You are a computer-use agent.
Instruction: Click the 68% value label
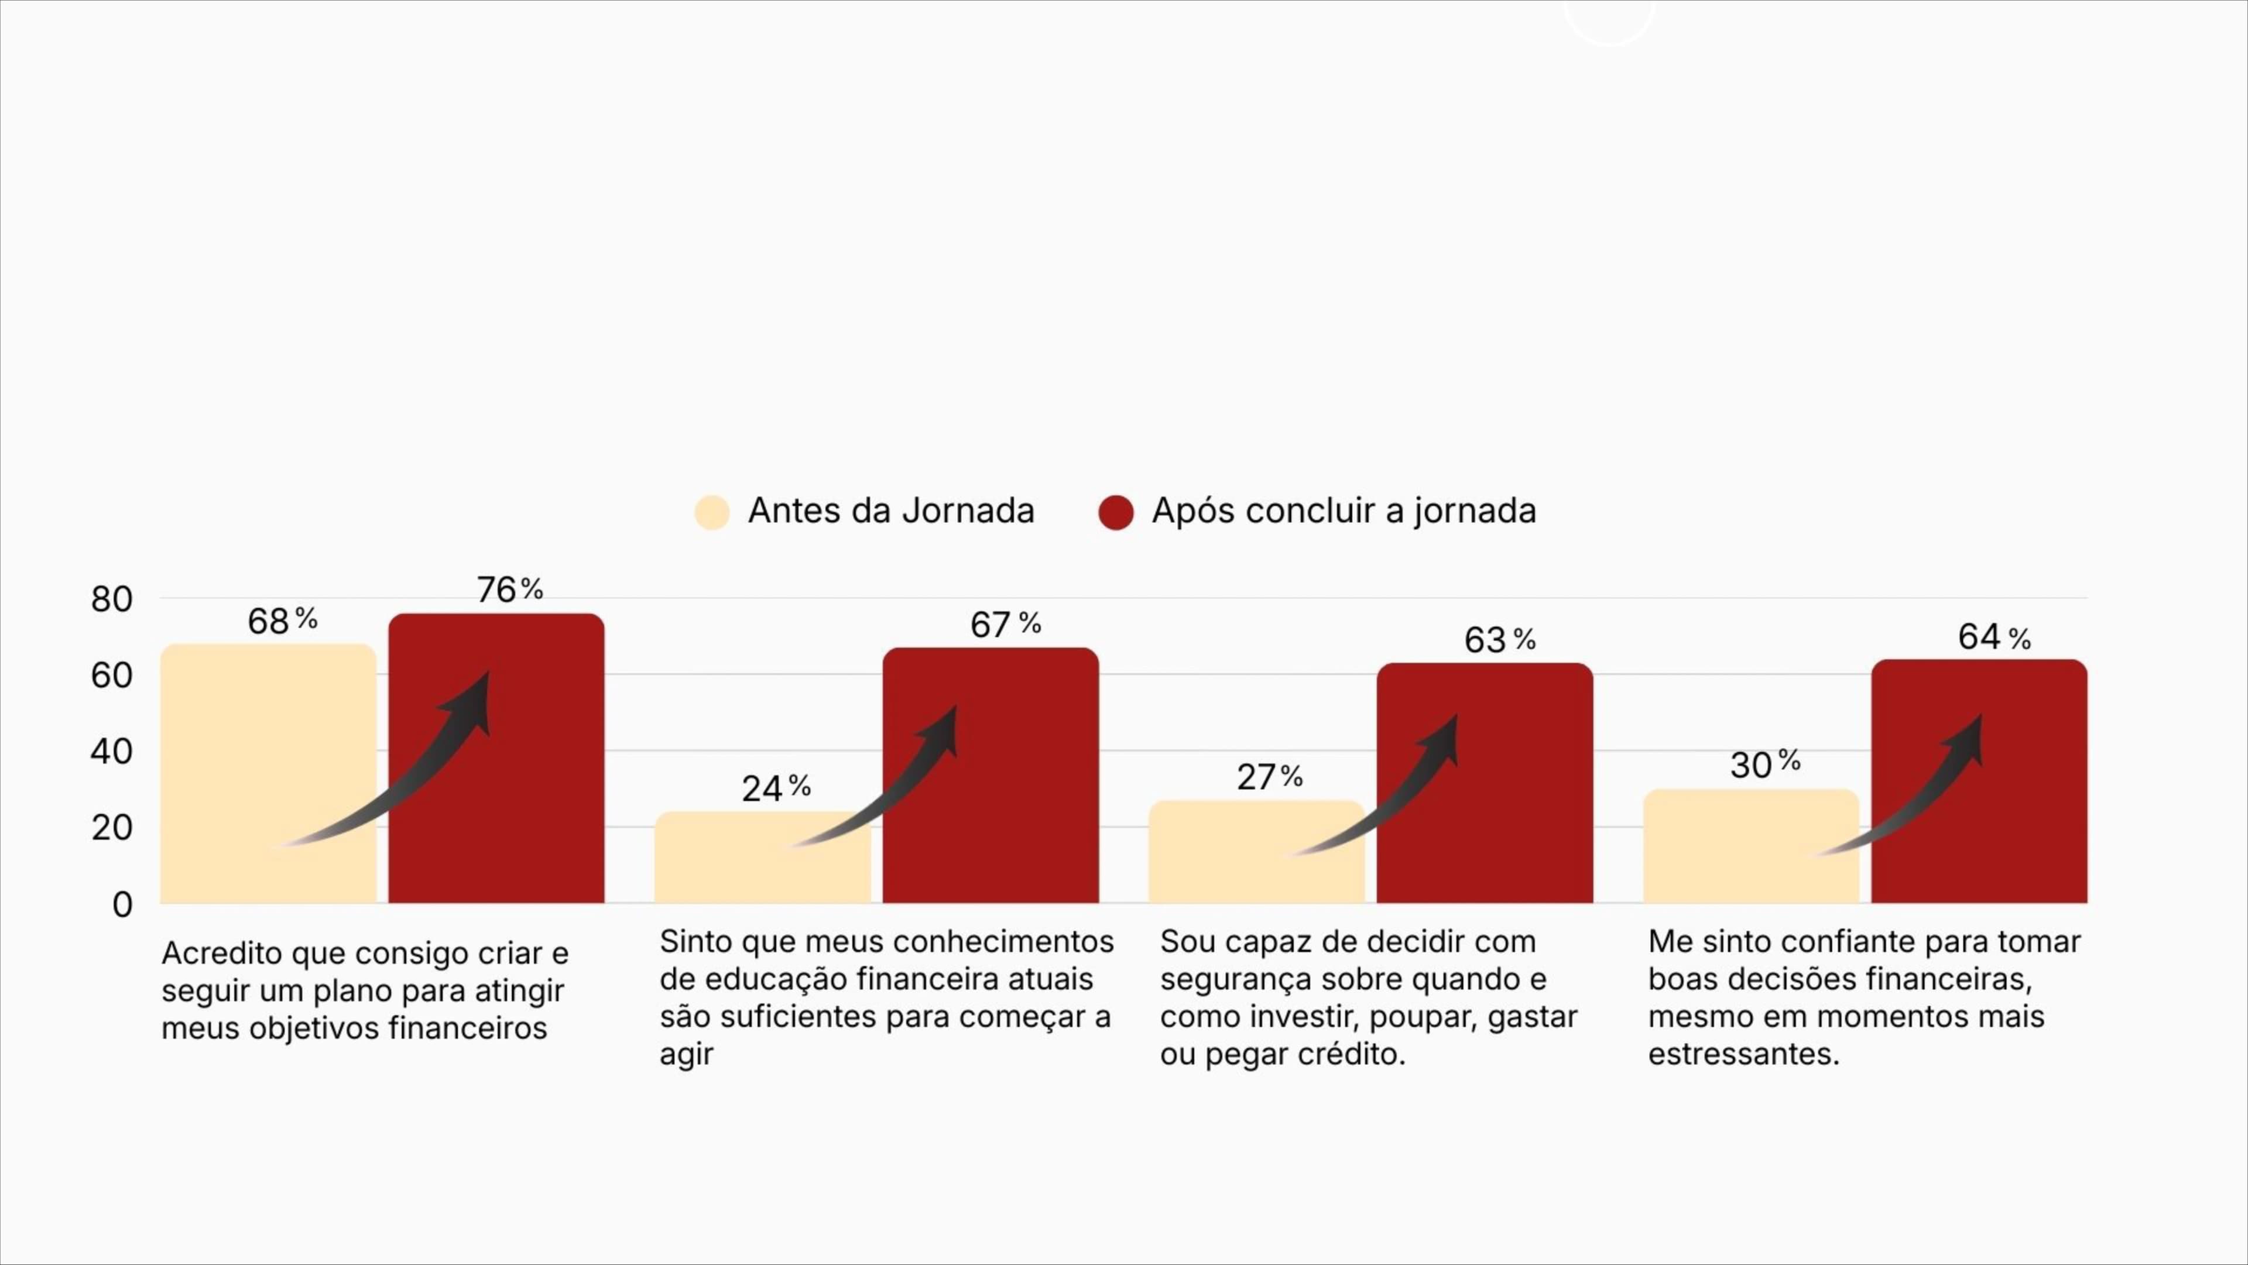click(x=282, y=621)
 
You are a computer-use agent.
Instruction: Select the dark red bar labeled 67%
click(x=991, y=776)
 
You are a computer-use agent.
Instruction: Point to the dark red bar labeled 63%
click(x=1485, y=785)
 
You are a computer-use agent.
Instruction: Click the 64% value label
click(x=1994, y=637)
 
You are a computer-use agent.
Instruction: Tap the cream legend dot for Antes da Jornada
click(x=712, y=512)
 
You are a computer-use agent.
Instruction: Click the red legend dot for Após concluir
click(x=1115, y=512)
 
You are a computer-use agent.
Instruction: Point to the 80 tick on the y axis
click(x=112, y=599)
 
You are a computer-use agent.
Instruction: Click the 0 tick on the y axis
click(x=122, y=904)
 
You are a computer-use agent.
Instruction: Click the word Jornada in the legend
click(x=968, y=511)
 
